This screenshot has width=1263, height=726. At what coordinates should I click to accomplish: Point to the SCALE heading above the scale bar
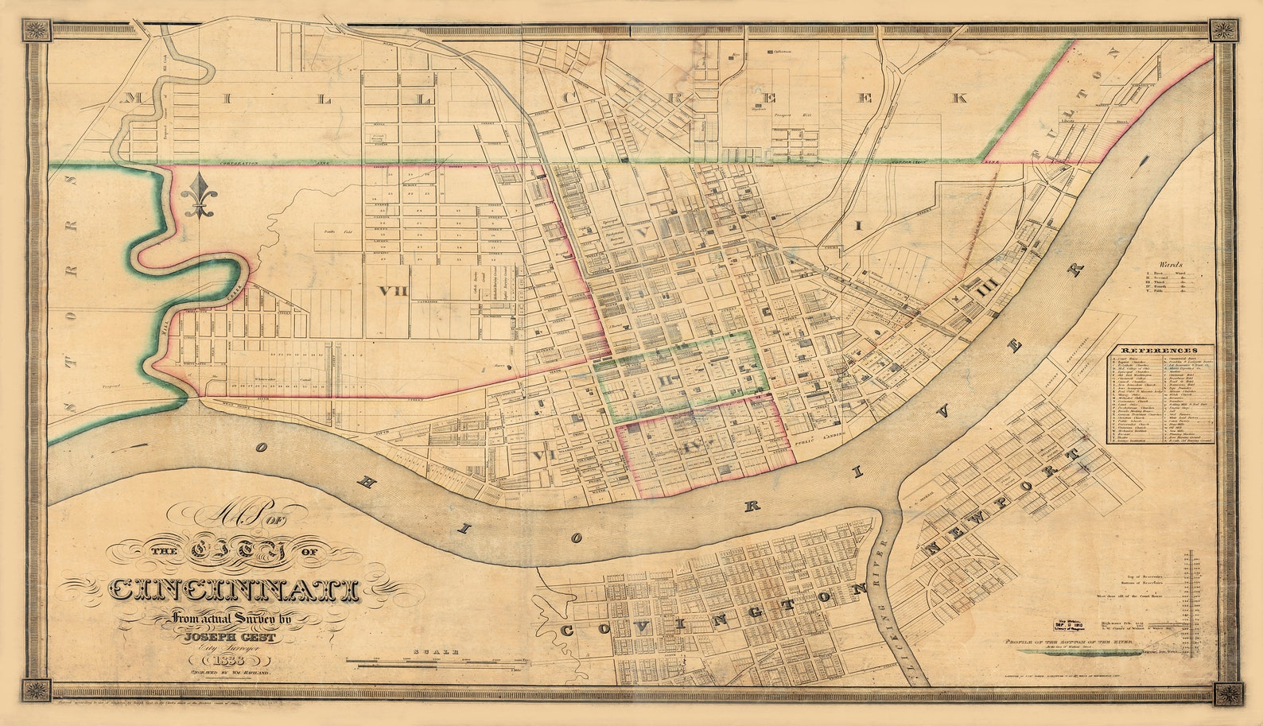[x=436, y=651]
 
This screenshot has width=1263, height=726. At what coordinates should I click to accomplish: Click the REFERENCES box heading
[x=1160, y=350]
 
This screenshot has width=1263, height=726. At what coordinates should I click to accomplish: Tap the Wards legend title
[x=1171, y=265]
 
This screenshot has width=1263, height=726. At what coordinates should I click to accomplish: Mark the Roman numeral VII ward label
[x=393, y=291]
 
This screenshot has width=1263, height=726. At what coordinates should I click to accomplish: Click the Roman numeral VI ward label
[x=544, y=455]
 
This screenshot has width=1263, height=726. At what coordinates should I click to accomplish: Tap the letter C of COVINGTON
[x=568, y=630]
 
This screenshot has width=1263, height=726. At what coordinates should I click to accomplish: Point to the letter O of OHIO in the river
[x=260, y=448]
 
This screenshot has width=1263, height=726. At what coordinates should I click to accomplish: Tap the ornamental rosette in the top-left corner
[x=35, y=32]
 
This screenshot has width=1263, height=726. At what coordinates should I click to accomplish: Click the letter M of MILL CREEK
[x=132, y=99]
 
